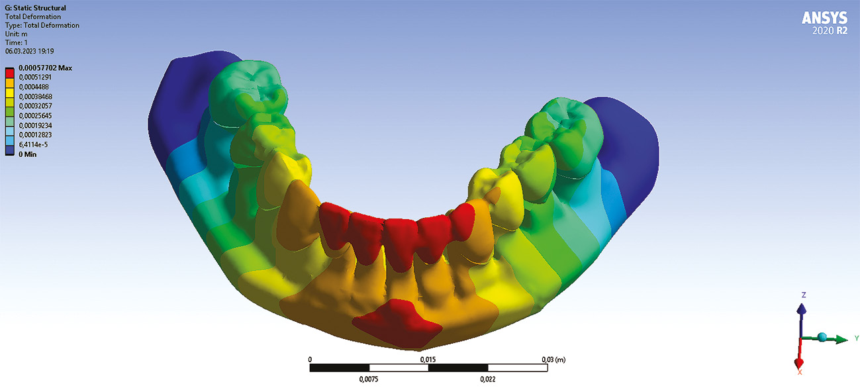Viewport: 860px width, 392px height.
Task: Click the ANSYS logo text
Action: pos(824,18)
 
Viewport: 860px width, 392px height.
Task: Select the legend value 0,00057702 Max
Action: pos(45,68)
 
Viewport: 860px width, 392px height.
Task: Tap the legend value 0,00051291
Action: pos(35,77)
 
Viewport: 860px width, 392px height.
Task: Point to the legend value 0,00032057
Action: pos(35,106)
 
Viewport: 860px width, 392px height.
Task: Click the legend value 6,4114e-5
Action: pos(33,145)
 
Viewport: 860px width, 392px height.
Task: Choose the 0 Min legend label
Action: pos(28,154)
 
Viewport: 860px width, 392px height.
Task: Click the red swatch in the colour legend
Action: pos(9,73)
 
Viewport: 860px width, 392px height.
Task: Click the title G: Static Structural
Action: pos(35,8)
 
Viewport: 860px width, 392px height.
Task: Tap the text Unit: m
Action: pos(16,34)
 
